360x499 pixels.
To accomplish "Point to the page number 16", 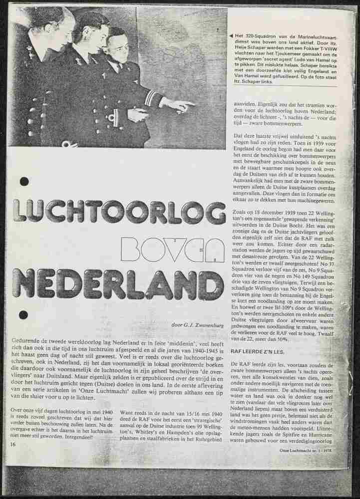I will (12, 444).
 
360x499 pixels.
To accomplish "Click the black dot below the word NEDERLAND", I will (23, 315).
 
